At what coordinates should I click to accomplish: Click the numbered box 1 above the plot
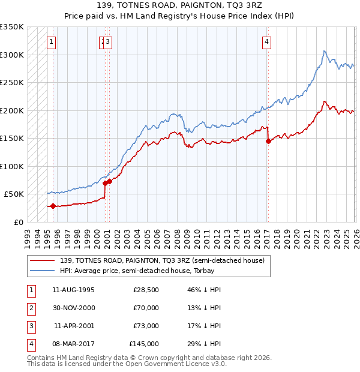click(x=52, y=42)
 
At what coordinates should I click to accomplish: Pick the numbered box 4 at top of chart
click(x=266, y=42)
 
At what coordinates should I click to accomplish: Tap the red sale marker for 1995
click(x=53, y=206)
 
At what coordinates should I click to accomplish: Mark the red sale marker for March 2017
click(x=268, y=142)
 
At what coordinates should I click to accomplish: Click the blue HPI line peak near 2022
click(x=324, y=51)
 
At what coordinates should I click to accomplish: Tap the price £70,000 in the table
click(x=146, y=308)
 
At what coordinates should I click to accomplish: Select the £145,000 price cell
click(x=144, y=344)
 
